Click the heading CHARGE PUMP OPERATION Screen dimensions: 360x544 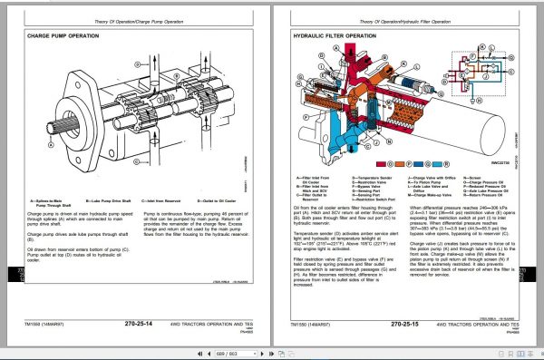point(63,37)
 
